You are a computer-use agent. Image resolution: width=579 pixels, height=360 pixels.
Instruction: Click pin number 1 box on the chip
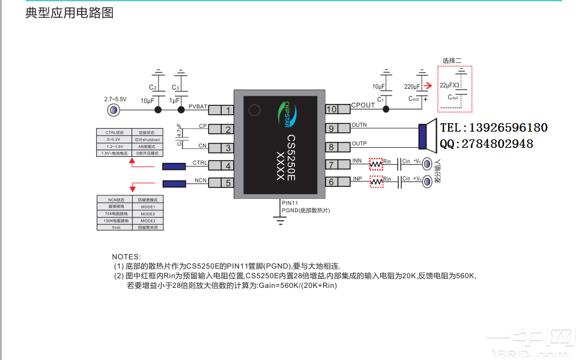228,110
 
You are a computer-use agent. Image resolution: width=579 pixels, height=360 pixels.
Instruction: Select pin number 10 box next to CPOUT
332,109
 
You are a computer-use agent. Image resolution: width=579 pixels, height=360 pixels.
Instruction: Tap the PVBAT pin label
198,106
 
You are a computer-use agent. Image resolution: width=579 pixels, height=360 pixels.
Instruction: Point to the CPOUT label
363,105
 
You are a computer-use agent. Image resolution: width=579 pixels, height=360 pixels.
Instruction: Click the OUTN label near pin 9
359,124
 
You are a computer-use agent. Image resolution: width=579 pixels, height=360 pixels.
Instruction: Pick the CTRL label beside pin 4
200,163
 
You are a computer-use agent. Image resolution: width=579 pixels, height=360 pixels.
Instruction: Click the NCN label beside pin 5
201,180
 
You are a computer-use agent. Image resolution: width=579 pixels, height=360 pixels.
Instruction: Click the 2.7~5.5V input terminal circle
112,110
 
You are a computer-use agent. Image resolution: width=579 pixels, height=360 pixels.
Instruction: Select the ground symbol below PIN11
279,221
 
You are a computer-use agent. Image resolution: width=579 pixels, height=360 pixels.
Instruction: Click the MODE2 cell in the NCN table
147,213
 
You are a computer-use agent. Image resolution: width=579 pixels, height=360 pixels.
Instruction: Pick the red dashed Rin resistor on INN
375,163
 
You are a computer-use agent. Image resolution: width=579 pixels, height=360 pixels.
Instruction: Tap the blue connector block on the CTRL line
174,166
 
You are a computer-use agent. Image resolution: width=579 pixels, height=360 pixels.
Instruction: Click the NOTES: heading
126,257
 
